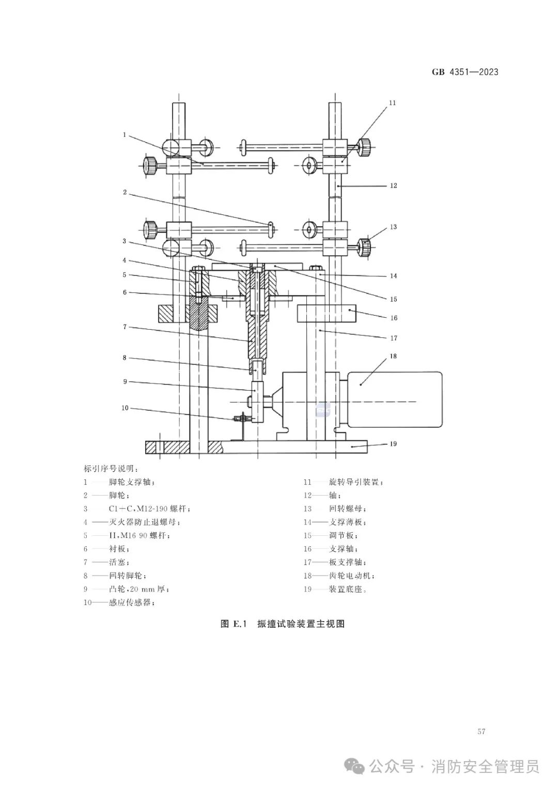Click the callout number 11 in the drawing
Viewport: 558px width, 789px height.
coord(392,103)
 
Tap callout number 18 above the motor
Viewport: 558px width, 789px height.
coord(393,357)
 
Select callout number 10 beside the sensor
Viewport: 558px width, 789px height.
coord(125,408)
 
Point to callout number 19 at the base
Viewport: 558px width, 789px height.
coord(393,444)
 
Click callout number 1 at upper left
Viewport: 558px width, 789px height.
coord(125,134)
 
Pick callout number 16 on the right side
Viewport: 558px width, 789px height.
coord(394,318)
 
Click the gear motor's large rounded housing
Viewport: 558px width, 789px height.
coord(395,399)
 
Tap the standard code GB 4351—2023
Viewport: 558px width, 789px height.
coord(465,72)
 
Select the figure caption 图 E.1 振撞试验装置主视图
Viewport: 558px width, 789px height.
coord(282,624)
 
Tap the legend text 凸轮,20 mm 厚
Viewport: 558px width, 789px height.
coord(138,589)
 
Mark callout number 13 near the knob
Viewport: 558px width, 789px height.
coord(393,227)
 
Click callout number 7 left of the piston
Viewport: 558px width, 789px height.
coord(125,327)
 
